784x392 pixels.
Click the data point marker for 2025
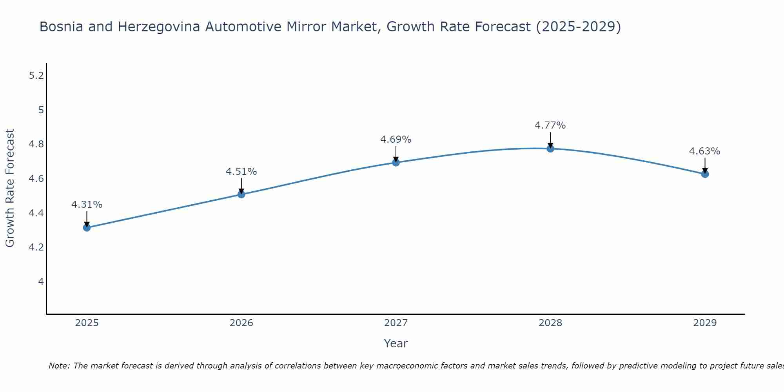click(87, 227)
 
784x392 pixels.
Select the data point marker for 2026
click(241, 194)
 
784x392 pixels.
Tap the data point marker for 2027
click(396, 162)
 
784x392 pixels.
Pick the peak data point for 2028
click(550, 148)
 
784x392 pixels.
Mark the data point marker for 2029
click(705, 174)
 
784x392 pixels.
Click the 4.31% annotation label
click(87, 205)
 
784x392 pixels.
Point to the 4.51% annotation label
click(241, 172)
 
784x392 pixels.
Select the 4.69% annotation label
click(396, 140)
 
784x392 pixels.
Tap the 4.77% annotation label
click(550, 125)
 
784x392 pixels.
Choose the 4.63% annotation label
click(704, 151)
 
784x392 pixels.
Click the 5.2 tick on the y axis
click(36, 76)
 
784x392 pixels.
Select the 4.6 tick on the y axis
click(36, 179)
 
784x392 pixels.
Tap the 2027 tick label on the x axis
click(396, 323)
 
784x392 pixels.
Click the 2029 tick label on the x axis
click(705, 323)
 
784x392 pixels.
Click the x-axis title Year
click(396, 343)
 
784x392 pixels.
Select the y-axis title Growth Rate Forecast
click(10, 188)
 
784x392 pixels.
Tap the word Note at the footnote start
click(59, 366)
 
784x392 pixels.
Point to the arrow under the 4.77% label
click(550, 140)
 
